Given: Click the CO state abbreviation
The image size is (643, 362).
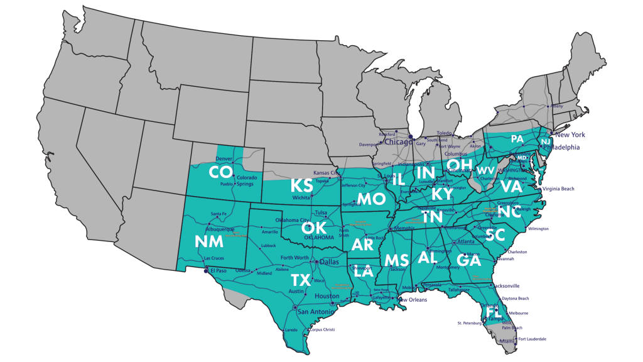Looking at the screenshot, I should [x=221, y=172].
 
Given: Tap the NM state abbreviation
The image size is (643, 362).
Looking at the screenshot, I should [x=209, y=242].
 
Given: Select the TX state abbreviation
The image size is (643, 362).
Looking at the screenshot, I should [x=301, y=280].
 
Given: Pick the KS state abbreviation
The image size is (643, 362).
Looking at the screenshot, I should [x=302, y=185].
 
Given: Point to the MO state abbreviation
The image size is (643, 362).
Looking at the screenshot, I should [x=370, y=199].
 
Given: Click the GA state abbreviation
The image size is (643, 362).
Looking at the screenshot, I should [x=469, y=260].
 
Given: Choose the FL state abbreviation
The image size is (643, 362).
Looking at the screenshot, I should [x=493, y=312].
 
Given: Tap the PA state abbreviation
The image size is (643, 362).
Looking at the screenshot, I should [x=517, y=138].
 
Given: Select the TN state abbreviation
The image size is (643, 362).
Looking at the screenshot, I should [x=432, y=217].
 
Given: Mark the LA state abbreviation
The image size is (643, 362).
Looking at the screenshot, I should [x=364, y=272].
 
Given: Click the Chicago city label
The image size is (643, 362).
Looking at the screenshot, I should [x=394, y=141].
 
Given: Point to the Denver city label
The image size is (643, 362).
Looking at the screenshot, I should [x=224, y=158].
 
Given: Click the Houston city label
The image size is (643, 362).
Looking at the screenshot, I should [x=327, y=296].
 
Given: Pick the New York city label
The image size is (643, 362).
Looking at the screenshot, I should [x=569, y=134].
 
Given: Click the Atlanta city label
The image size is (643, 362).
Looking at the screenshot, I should [x=466, y=242].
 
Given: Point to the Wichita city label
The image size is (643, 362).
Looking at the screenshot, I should [x=301, y=197].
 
